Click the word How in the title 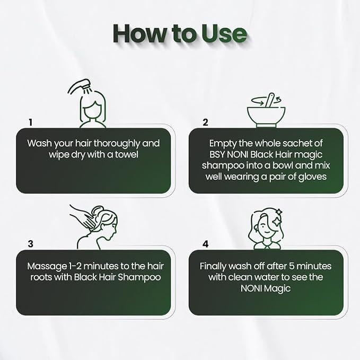(x=139, y=33)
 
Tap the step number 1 (x=31, y=122)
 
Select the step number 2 (x=205, y=122)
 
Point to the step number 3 (x=31, y=244)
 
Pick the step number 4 (x=206, y=244)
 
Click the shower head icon (x=79, y=87)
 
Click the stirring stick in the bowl (x=269, y=100)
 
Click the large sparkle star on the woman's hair (x=277, y=222)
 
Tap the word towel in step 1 (x=127, y=154)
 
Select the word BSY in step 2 (x=217, y=154)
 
